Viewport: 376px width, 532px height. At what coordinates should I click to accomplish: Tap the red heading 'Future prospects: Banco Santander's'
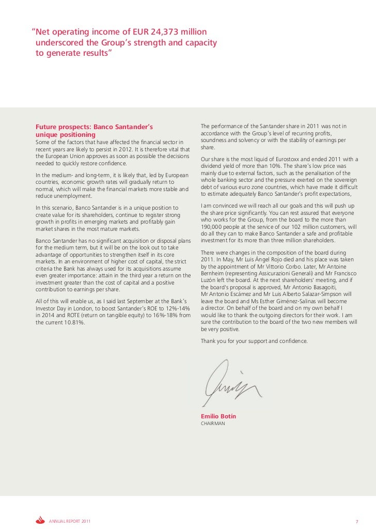coord(94,127)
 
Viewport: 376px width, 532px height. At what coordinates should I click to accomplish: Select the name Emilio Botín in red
coord(218,416)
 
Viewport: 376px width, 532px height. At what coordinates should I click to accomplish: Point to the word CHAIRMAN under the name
coord(213,424)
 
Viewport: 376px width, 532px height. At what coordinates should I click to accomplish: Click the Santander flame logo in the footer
coord(40,520)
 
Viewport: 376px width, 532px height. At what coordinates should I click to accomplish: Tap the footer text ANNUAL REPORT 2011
coord(70,521)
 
